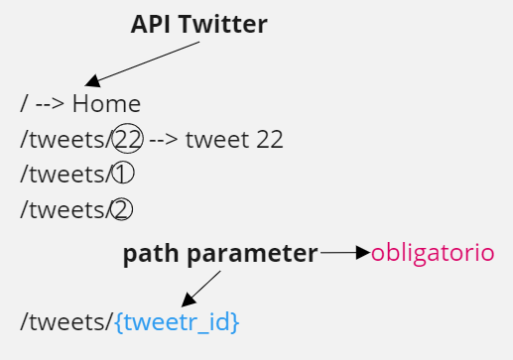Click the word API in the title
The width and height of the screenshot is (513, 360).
coord(150,25)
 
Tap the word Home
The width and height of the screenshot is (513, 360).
coord(106,103)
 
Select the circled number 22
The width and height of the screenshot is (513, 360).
coord(129,139)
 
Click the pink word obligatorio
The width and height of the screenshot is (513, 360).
coord(432,252)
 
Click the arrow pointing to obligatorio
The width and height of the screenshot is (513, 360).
coord(344,253)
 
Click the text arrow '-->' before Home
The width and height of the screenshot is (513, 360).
coord(50,103)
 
